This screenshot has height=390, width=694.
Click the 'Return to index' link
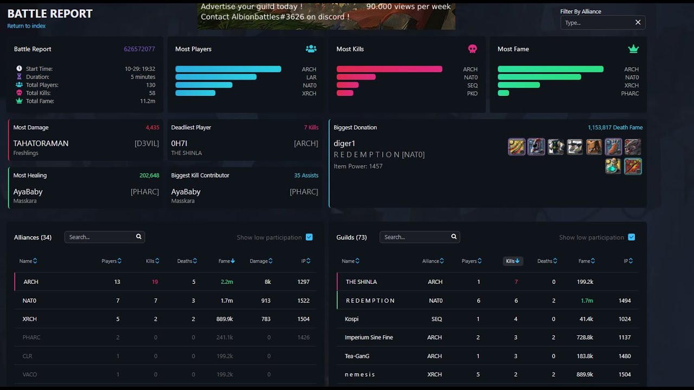[x=27, y=26]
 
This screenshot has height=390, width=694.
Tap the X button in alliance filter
[x=638, y=23]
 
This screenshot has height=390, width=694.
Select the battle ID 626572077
[x=139, y=49]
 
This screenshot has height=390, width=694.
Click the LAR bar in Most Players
[x=216, y=77]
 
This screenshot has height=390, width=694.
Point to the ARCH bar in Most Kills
[x=389, y=69]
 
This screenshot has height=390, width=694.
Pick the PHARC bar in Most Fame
[x=503, y=93]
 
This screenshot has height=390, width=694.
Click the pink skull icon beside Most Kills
[x=472, y=49]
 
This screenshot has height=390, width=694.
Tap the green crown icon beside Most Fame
[x=633, y=49]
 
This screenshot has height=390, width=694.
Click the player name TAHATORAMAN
[x=41, y=144]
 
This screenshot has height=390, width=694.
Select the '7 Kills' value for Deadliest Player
[x=311, y=127]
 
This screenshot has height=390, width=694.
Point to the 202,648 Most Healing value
[x=149, y=175]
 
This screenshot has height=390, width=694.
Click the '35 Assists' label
[x=306, y=175]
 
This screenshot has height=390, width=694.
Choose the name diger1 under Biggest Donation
[x=344, y=144]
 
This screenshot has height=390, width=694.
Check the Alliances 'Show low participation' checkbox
[x=309, y=237]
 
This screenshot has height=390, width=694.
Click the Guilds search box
[x=415, y=237]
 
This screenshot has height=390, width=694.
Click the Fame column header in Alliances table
[x=226, y=261]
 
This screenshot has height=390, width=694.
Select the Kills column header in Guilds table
[x=512, y=261]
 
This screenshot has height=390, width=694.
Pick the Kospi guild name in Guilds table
[x=351, y=319]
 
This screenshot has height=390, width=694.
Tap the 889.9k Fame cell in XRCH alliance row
[x=224, y=319]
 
